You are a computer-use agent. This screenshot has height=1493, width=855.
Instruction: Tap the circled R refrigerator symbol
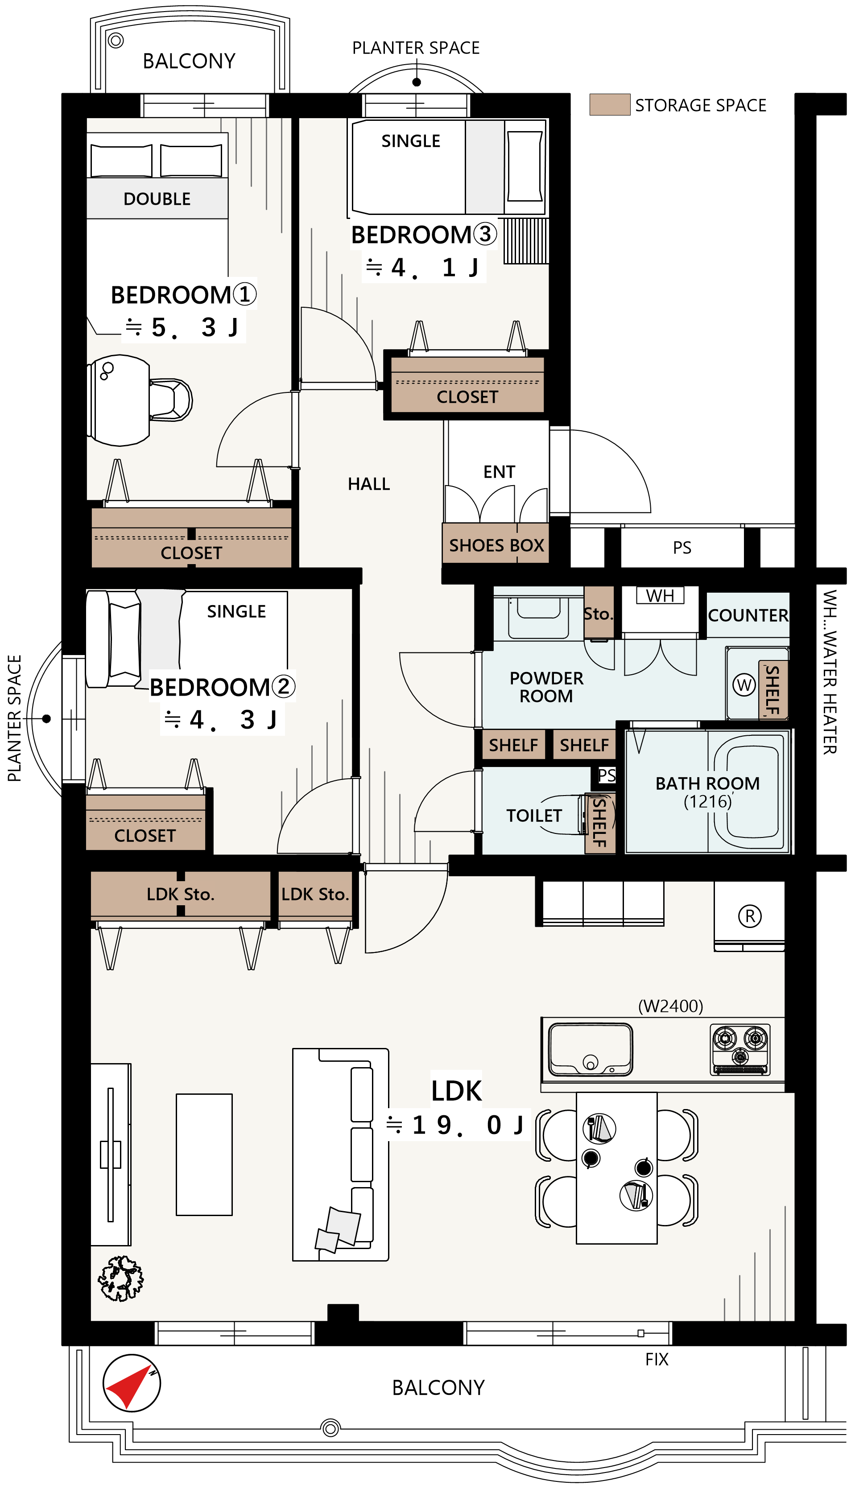click(x=750, y=916)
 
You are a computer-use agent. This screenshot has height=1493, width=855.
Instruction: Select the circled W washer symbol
click(x=744, y=685)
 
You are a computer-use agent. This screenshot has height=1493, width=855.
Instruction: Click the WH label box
click(x=660, y=595)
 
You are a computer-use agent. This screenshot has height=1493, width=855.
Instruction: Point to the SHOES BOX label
click(x=497, y=545)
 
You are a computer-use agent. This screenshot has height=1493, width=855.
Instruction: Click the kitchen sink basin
click(x=590, y=1049)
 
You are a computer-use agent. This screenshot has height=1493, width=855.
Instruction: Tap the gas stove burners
click(x=740, y=1050)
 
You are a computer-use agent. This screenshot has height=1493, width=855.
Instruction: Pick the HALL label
click(x=369, y=484)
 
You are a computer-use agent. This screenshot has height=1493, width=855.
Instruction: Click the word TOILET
click(x=534, y=816)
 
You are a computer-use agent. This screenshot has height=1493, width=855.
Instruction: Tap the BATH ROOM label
click(x=708, y=783)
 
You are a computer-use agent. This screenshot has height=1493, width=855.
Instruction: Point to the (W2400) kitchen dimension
click(x=671, y=1006)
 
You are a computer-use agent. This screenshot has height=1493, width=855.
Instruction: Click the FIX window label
click(x=657, y=1359)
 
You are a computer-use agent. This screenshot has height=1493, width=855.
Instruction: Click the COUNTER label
click(x=748, y=615)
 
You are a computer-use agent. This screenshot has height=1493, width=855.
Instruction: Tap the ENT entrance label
click(x=499, y=472)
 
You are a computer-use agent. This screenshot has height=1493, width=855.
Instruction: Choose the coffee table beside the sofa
click(x=204, y=1154)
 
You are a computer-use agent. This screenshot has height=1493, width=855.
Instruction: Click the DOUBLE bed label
click(x=157, y=199)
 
